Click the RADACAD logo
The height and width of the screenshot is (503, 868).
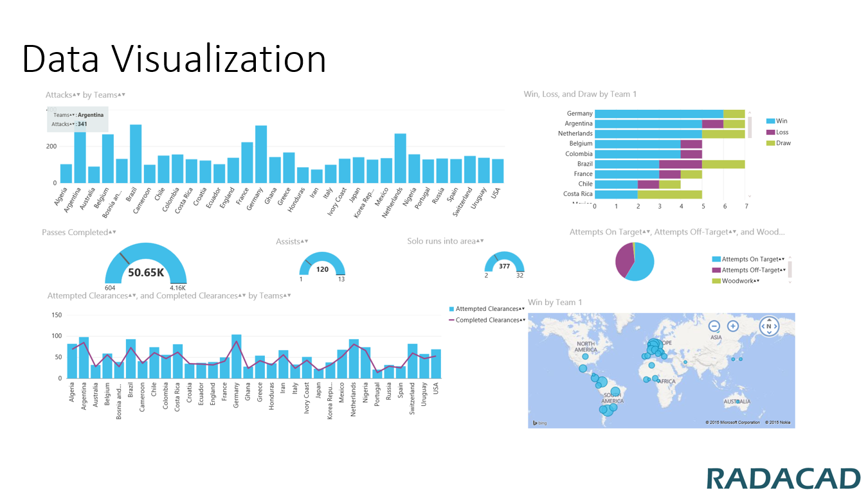click(783, 479)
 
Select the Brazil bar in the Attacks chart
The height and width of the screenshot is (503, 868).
click(136, 154)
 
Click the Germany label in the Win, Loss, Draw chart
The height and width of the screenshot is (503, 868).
click(579, 114)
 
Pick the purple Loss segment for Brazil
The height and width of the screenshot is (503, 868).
click(680, 164)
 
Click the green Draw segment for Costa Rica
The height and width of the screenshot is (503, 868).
click(669, 194)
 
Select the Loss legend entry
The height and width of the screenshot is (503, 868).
click(782, 132)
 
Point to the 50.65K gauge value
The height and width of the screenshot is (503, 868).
click(146, 272)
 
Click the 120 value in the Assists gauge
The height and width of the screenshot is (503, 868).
click(322, 269)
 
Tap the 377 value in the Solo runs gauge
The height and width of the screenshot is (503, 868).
click(505, 266)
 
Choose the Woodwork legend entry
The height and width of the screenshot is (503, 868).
click(740, 281)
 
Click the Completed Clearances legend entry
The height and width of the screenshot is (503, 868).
click(487, 320)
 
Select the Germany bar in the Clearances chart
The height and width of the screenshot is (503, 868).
click(236, 357)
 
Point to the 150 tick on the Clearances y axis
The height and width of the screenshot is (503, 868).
click(57, 315)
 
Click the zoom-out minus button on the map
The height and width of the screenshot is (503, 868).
click(714, 326)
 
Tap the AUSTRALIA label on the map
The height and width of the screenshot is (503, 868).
click(736, 402)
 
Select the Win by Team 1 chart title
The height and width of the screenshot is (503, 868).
click(555, 302)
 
